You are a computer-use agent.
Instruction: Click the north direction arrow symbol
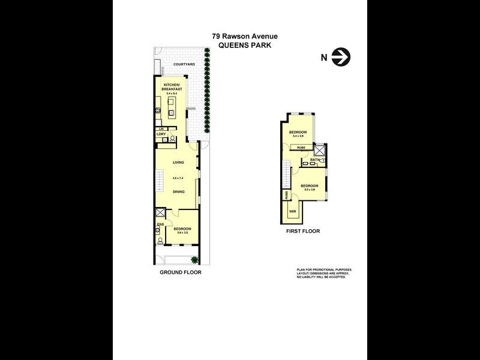342,58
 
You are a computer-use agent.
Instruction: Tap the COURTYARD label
184,64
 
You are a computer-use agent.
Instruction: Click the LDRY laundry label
161,134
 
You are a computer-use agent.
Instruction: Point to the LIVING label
178,163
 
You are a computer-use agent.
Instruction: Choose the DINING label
178,192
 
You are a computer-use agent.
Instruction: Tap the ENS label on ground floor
160,224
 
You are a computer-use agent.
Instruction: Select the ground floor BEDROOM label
182,229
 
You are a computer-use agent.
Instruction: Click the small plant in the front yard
194,259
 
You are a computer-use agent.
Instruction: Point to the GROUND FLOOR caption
180,272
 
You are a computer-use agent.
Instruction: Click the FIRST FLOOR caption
303,231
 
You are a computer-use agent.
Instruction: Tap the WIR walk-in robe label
293,212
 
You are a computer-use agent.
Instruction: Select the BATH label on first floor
314,160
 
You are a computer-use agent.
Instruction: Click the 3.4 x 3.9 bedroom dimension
298,136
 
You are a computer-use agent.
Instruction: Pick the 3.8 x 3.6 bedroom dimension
310,190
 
